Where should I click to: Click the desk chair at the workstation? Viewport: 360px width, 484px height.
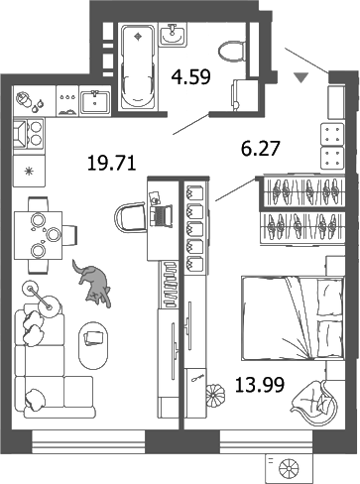[131, 217]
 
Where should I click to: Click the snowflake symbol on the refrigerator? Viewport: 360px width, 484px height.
[27, 172]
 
